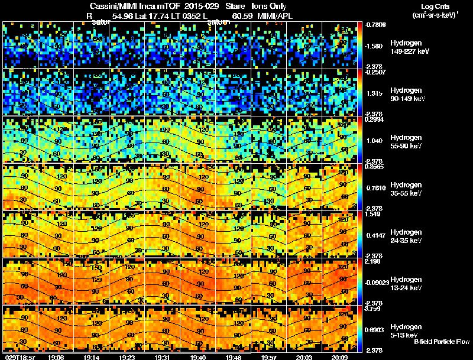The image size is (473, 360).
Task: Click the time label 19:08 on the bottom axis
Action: (56, 357)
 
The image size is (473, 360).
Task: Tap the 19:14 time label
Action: (92, 357)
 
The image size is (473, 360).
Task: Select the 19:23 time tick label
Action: (127, 357)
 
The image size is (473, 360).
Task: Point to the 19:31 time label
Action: (163, 357)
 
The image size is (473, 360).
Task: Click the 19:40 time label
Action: (198, 357)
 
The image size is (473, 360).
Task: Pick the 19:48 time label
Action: (234, 357)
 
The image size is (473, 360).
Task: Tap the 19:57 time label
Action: (269, 357)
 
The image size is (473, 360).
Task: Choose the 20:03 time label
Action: (304, 357)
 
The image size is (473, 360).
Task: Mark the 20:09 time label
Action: (340, 357)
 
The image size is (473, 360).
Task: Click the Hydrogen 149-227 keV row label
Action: (410, 48)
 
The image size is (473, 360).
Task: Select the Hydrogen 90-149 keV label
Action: (409, 95)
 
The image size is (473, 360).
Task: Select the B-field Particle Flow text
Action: (441, 342)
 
